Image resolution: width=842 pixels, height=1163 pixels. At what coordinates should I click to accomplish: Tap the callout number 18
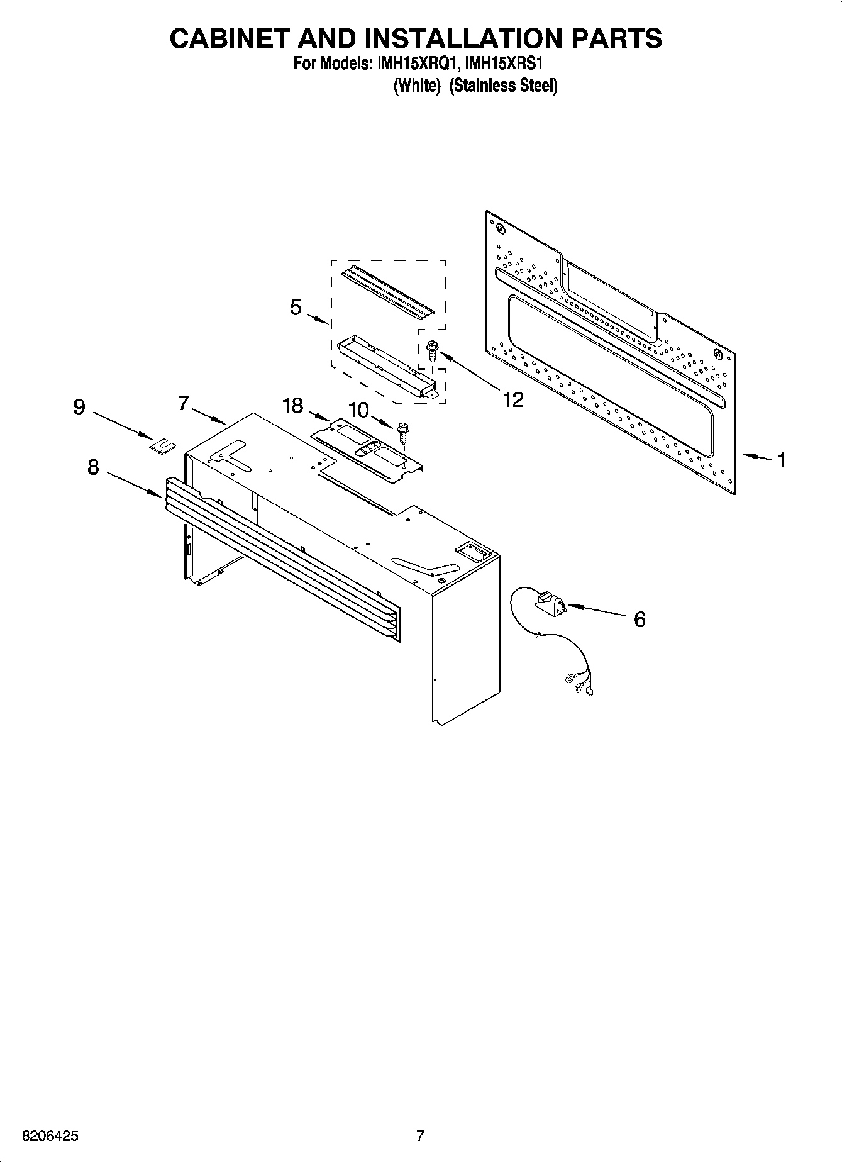293,406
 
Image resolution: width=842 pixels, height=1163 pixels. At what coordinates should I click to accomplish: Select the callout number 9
79,408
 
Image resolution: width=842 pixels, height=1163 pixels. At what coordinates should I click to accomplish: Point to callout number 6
639,620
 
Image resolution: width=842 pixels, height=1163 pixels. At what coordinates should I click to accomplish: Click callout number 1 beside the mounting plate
782,460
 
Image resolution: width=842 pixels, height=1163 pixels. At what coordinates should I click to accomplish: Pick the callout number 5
296,308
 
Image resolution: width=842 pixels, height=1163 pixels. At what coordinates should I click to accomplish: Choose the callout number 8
93,467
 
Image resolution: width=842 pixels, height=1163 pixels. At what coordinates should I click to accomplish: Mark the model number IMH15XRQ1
414,64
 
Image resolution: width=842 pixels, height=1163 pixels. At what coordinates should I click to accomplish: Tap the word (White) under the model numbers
416,86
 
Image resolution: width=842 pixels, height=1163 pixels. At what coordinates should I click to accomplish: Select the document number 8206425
50,1136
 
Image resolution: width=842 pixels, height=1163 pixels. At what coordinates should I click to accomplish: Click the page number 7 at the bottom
420,1136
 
